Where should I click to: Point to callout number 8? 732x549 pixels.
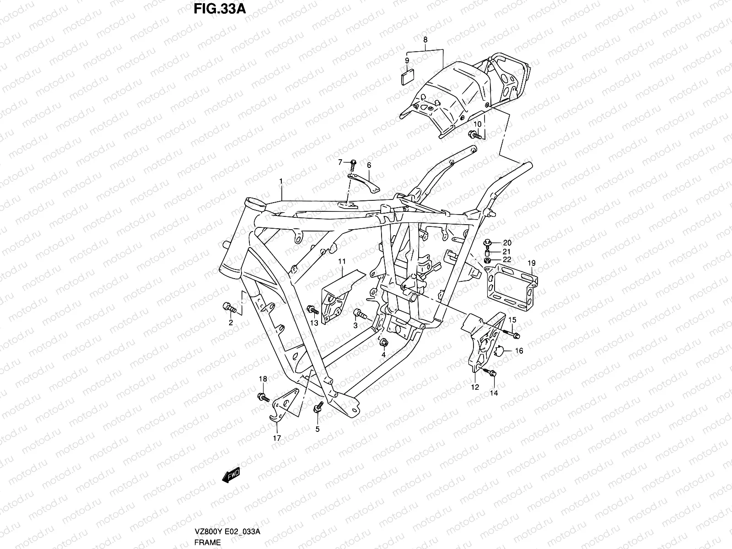[x=425, y=40]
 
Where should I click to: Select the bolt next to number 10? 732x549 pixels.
[x=474, y=135]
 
